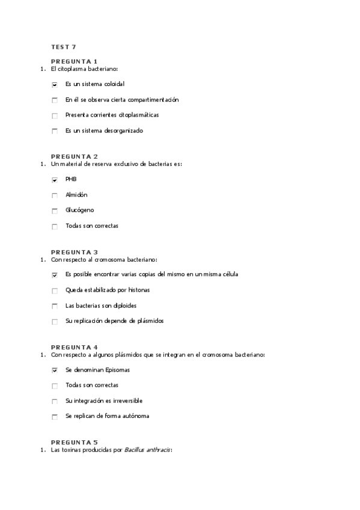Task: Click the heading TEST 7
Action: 63,46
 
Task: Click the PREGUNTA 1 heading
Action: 74,61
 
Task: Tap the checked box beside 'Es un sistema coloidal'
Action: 55,85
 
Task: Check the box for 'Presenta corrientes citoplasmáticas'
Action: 55,116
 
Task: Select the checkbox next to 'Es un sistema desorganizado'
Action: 55,132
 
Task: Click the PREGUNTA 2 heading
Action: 74,156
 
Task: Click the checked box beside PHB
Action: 55,180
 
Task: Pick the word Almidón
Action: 76,195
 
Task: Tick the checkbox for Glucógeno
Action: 55,211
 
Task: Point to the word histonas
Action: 138,290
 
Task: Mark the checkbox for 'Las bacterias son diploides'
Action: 55,307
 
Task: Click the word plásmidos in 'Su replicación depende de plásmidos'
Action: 150,321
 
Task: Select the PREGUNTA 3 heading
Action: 74,252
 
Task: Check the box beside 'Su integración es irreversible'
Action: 55,402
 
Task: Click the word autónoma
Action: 136,416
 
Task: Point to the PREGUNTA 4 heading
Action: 74,347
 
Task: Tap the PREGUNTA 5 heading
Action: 74,442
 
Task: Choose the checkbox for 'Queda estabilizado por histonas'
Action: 55,291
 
